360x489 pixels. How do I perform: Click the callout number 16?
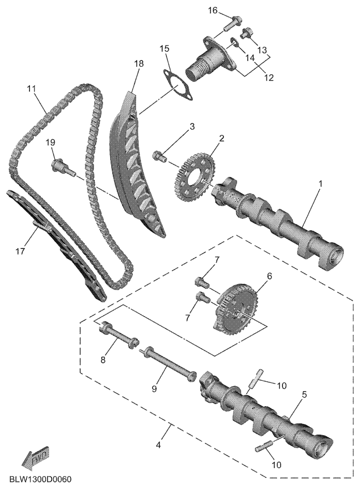pos(213,11)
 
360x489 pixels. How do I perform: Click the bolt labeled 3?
pos(159,156)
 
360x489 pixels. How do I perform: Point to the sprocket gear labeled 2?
pos(193,177)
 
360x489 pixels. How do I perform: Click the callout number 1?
pos(320,184)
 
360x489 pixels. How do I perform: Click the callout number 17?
pos(20,251)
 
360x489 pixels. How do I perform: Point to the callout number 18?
pos(139,64)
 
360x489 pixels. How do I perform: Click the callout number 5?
pos(304,394)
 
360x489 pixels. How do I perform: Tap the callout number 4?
pos(159,445)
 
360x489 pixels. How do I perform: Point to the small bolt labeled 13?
pos(247,33)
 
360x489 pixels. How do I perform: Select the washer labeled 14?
pos(234,42)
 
